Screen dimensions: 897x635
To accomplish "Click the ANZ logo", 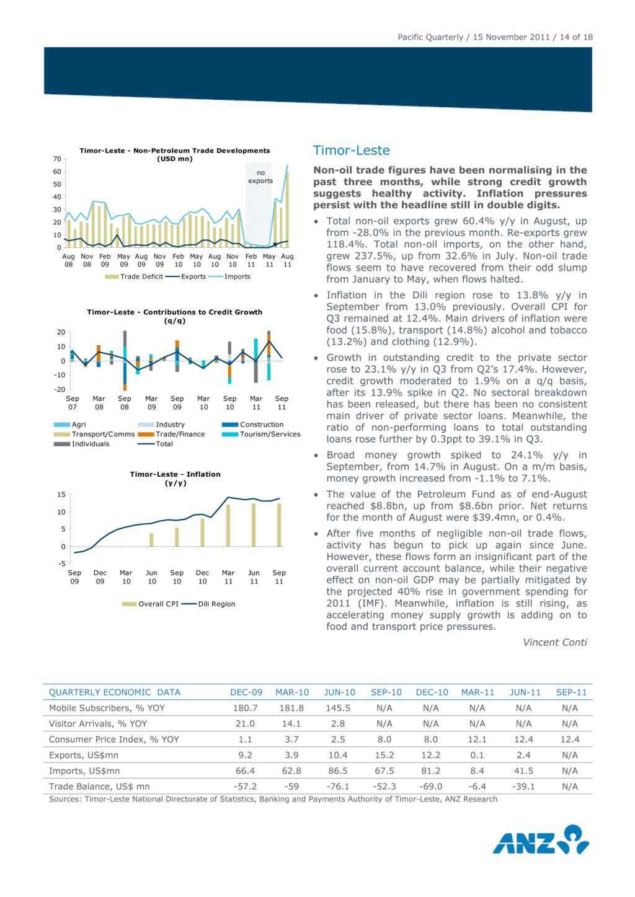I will pos(541,840).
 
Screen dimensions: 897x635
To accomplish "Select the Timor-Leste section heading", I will pos(351,151).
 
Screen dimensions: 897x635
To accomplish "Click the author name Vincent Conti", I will pos(554,642).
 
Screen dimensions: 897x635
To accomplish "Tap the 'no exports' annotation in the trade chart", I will pos(260,177).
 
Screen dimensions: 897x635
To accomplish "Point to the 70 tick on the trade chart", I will pos(57,159).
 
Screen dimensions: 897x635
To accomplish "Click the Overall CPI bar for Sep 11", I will pos(279,525).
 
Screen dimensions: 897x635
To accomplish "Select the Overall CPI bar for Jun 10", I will pos(151,539).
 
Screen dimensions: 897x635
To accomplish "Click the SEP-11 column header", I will pos(571,692).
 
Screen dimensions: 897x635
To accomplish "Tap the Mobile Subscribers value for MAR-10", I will pos(291,708).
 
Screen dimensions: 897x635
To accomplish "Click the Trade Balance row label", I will pos(99,786).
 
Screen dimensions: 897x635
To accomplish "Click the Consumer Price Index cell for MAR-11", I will pos(477,740).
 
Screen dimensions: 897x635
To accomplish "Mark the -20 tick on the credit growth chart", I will pos(60,389).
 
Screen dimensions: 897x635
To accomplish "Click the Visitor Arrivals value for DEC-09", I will pos(245,723).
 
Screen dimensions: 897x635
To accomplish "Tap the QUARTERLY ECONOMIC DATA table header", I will pos(115,692).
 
